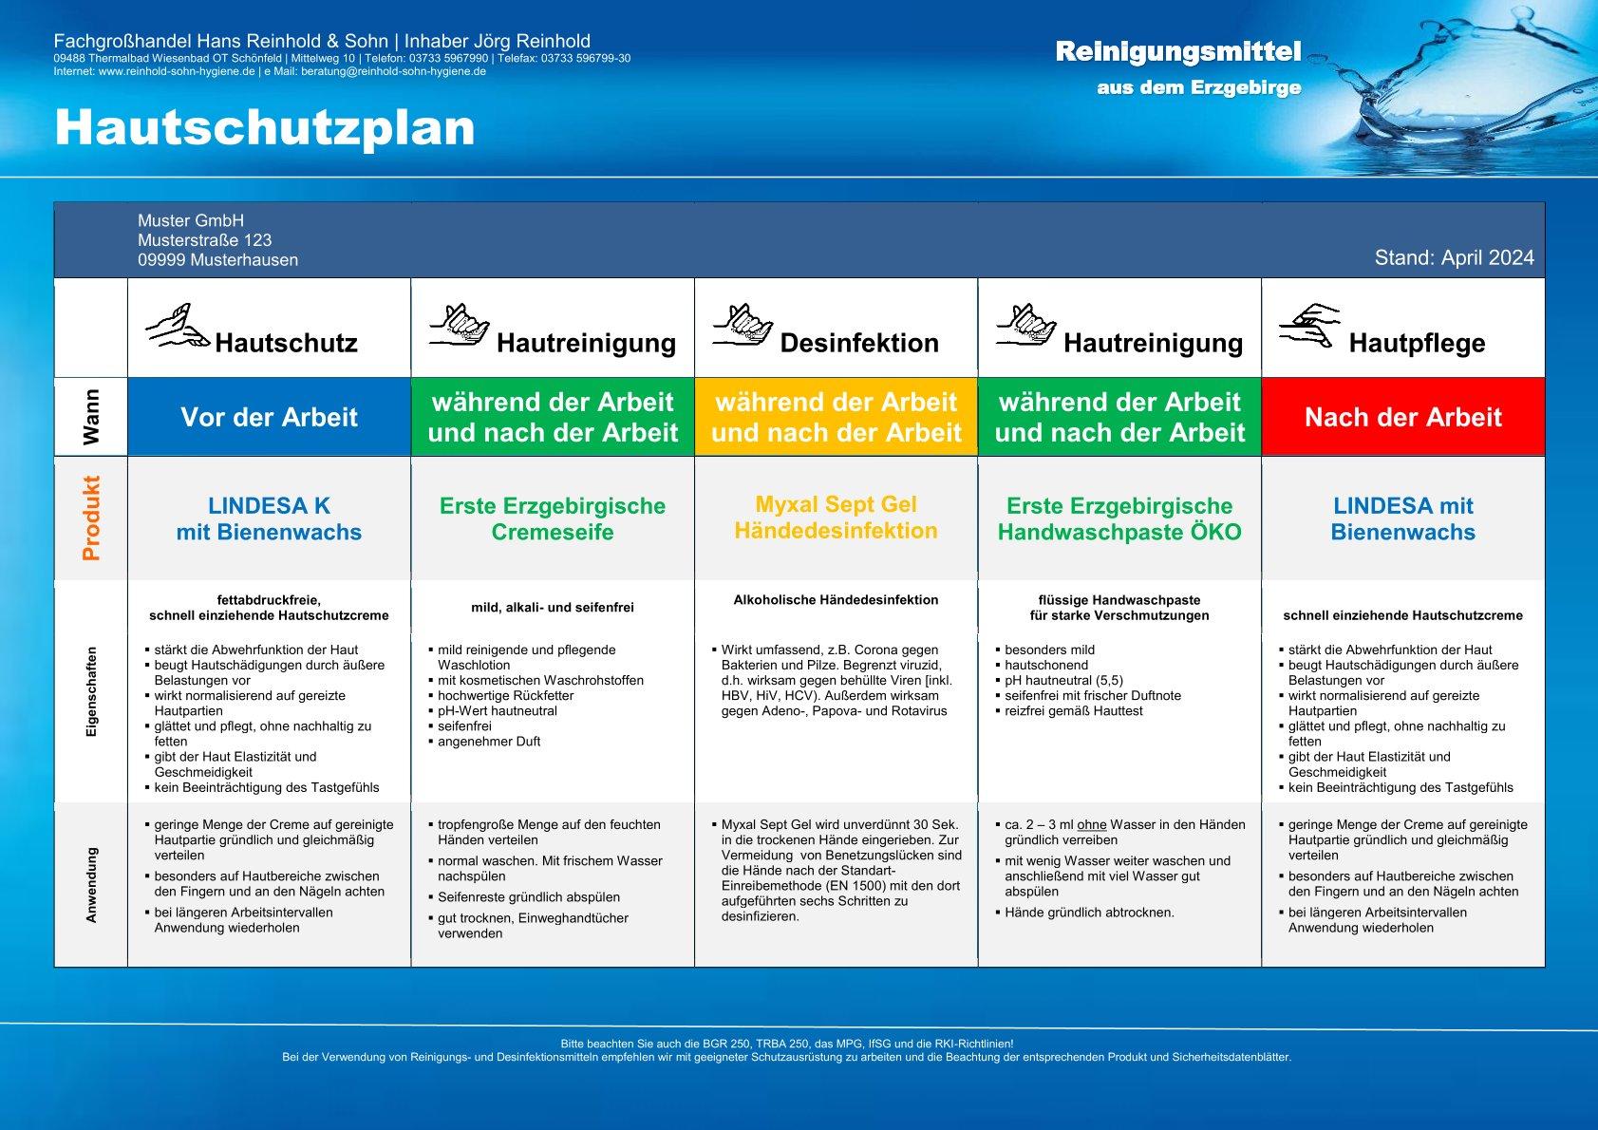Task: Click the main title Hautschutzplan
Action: click(264, 127)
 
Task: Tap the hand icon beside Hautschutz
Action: click(177, 327)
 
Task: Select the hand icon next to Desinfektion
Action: click(743, 325)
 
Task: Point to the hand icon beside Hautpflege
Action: click(1308, 326)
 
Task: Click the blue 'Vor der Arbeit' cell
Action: click(270, 417)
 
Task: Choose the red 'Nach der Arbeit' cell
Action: click(1402, 417)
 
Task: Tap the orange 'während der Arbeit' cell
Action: click(836, 417)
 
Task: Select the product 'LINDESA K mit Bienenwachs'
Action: click(270, 518)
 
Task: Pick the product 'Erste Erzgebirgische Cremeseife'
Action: click(553, 518)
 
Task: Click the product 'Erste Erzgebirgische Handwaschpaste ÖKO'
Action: click(1119, 518)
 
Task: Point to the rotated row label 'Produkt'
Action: click(91, 518)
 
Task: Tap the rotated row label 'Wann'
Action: click(91, 417)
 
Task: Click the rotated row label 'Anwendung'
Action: click(91, 885)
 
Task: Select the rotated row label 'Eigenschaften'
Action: click(91, 692)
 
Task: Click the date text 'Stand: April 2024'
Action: click(1454, 258)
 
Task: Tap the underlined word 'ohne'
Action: click(1092, 825)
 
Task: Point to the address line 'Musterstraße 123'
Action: click(204, 240)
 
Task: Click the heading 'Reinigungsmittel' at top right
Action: click(1177, 52)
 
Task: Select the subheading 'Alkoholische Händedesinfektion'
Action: click(836, 600)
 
